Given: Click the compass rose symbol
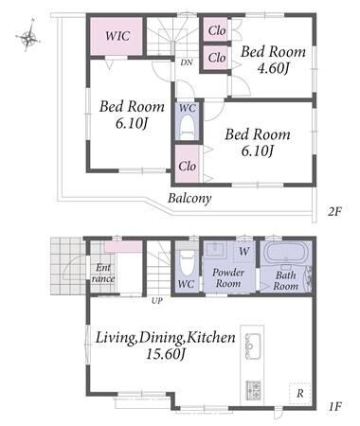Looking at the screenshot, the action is (28, 38).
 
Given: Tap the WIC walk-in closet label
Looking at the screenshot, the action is (117, 36).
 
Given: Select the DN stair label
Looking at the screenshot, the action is (187, 62).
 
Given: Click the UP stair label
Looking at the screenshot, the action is (157, 301).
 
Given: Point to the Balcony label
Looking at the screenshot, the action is (189, 198).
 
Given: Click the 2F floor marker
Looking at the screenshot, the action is (334, 211).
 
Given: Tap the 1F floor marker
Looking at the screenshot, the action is (334, 406).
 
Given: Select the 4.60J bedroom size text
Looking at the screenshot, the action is (274, 68).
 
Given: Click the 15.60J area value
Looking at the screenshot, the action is (165, 354).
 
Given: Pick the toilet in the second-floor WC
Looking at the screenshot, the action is (188, 126).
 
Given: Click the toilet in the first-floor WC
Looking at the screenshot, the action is (187, 261).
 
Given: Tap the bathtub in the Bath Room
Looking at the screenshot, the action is (284, 253).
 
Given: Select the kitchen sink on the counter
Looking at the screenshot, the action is (252, 346).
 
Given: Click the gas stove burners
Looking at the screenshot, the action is (253, 390).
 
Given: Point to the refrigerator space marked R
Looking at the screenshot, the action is (299, 393).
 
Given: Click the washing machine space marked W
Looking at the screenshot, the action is (243, 252).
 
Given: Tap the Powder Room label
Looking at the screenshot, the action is (228, 277).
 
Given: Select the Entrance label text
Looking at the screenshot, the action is (103, 274).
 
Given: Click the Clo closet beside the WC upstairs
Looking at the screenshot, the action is (187, 164).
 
